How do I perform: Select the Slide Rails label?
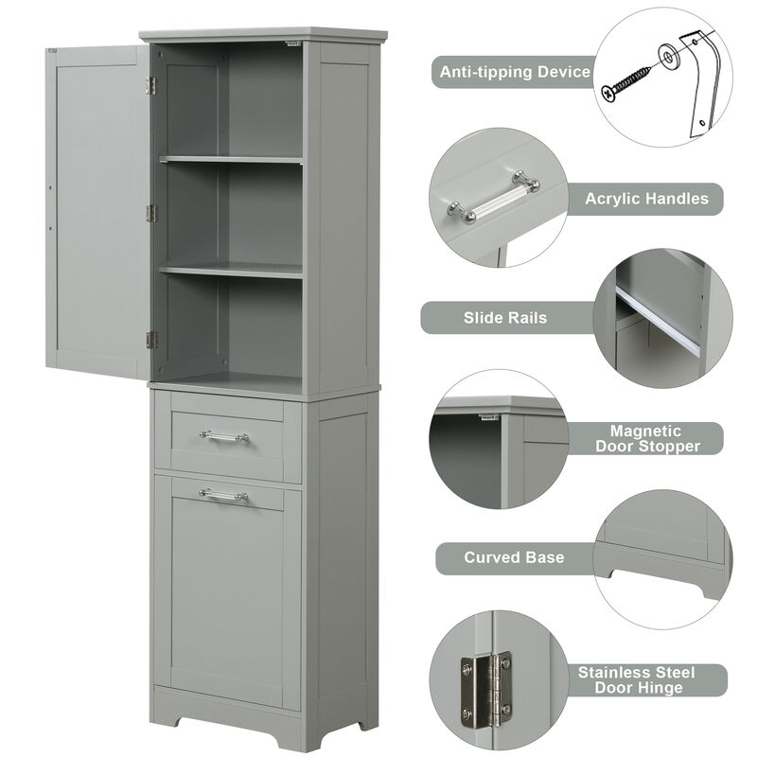pyautogui.click(x=505, y=318)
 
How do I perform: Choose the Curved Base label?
pyautogui.click(x=514, y=557)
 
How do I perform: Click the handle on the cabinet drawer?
pyautogui.click(x=224, y=435)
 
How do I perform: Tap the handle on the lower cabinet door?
pyautogui.click(x=224, y=494)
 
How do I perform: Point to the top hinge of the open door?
pyautogui.click(x=150, y=86)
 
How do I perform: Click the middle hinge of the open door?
pyautogui.click(x=150, y=213)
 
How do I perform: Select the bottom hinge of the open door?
pyautogui.click(x=150, y=340)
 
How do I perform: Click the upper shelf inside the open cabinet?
pyautogui.click(x=232, y=160)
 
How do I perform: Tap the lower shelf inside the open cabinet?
pyautogui.click(x=232, y=271)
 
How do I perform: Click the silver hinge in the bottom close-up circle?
pyautogui.click(x=485, y=686)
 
